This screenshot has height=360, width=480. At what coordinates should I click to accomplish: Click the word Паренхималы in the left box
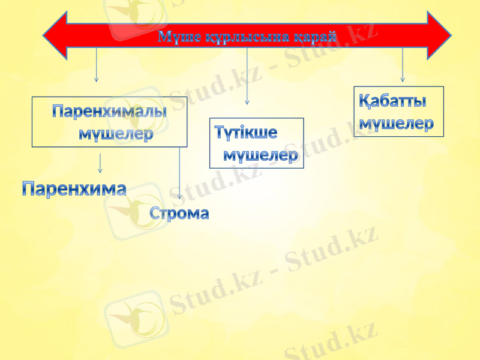point(109,112)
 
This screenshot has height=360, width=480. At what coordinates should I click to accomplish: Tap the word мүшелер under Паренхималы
point(116,134)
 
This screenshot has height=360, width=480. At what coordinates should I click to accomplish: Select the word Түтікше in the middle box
point(246,132)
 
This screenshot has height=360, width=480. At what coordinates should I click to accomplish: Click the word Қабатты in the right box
point(393,100)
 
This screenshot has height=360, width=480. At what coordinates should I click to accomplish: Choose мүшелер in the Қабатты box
point(396,124)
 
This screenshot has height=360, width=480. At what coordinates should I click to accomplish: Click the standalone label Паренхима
point(74,189)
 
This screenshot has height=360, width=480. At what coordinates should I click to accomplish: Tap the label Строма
point(180,213)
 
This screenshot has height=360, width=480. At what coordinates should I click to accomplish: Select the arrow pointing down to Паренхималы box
point(96,66)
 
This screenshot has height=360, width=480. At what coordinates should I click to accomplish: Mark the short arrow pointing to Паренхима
point(100,163)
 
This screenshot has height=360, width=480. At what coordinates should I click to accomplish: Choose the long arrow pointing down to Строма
point(179,174)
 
